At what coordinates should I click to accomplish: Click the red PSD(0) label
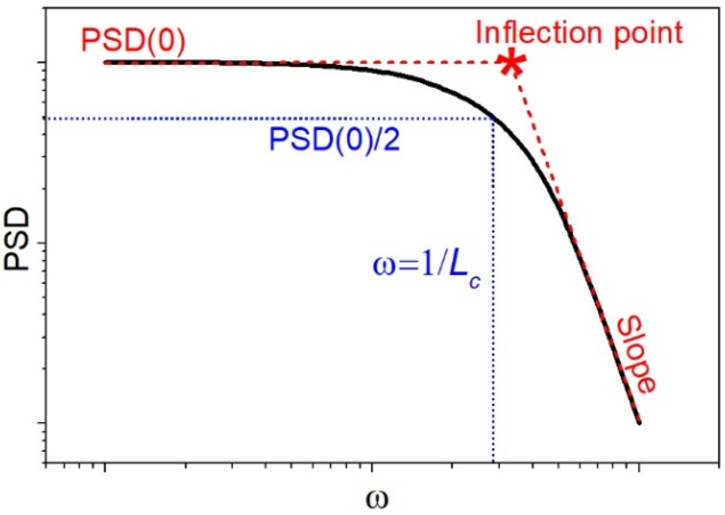[x=133, y=41]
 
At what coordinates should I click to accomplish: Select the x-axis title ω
[x=376, y=499]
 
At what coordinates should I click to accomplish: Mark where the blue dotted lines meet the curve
[x=493, y=118]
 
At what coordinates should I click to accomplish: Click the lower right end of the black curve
[x=639, y=422]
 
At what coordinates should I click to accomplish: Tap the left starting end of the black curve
[x=106, y=63]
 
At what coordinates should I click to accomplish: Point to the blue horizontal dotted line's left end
[x=46, y=118]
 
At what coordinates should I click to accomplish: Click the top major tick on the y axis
[x=42, y=63]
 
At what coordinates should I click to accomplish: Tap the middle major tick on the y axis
[x=42, y=243]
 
